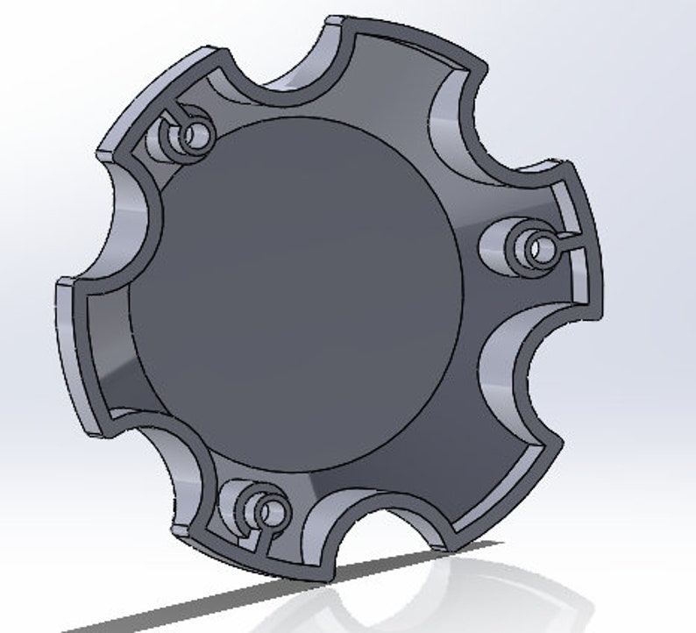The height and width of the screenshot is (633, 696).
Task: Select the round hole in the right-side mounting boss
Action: pyautogui.click(x=536, y=246)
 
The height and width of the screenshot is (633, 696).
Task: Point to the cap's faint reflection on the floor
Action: pyautogui.click(x=491, y=596)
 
